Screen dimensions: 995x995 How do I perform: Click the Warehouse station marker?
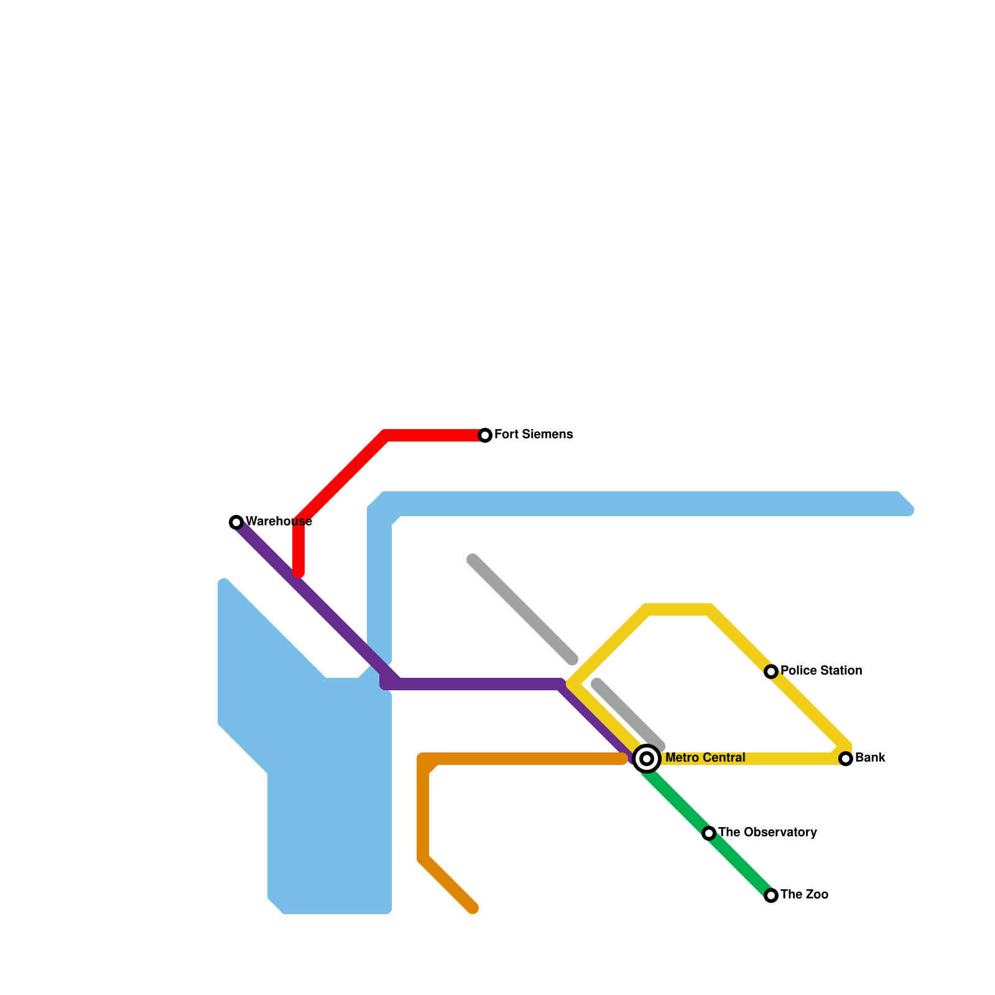[236, 522]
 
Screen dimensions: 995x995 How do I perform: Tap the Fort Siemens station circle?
[485, 435]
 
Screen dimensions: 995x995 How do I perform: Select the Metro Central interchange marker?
[647, 759]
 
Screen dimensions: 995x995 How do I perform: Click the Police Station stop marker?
[771, 672]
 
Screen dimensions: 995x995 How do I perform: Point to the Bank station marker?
[846, 759]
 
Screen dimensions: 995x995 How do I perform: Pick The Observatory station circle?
[709, 833]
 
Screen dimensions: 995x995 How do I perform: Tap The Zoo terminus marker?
[771, 895]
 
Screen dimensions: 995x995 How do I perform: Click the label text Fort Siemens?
[534, 434]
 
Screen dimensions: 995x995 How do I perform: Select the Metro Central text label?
[705, 757]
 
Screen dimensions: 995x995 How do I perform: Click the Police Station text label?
[821, 670]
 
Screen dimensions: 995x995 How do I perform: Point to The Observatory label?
[767, 832]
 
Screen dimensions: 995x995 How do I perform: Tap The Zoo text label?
[804, 894]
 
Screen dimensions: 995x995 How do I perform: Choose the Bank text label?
[870, 757]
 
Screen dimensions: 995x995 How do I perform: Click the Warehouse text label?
[279, 521]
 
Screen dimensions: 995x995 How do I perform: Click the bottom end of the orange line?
[473, 909]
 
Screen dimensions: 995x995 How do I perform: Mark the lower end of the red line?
[298, 573]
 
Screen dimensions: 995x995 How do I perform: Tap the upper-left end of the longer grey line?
[473, 560]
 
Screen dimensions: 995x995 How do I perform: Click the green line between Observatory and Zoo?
[740, 864]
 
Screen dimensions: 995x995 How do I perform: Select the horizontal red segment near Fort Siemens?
[435, 435]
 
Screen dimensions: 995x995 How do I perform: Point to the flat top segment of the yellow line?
[678, 609]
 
